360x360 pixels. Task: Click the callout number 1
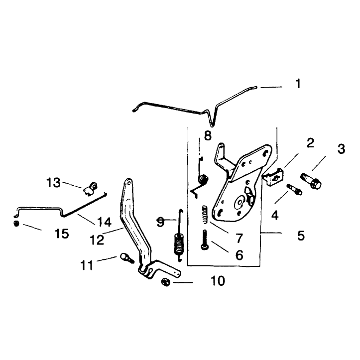coord(298,84)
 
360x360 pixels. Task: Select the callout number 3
coord(341,149)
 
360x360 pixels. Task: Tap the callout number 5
coord(301,236)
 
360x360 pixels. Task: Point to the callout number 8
coord(208,136)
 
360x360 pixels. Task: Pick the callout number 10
coord(218,281)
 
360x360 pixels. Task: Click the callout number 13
coord(53,183)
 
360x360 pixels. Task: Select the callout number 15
coord(62,234)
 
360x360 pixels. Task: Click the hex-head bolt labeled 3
coord(311,181)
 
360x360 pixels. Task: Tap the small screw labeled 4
coord(295,189)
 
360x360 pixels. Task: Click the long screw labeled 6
coord(204,240)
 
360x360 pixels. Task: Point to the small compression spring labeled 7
coord(205,215)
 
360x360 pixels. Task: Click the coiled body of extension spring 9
coord(179,244)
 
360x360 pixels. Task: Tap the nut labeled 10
coord(166,282)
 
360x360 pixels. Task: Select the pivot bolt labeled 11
coord(127,258)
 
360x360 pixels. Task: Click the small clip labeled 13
coord(90,189)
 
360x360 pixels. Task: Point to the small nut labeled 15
coord(16,224)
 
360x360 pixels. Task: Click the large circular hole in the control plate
coord(240,202)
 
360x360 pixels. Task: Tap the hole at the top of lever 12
coord(129,183)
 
